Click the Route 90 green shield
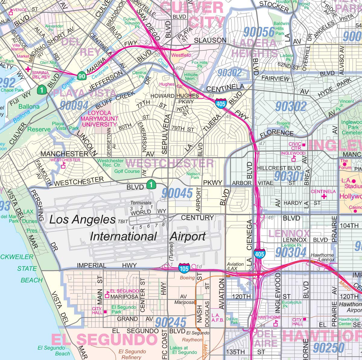pyautogui.click(x=81, y=76)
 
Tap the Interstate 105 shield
pyautogui.click(x=184, y=268)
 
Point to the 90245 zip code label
pyautogui.click(x=171, y=323)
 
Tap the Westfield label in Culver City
pyautogui.click(x=181, y=55)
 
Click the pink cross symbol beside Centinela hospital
pyautogui.click(x=324, y=197)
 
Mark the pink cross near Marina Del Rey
pyautogui.click(x=28, y=69)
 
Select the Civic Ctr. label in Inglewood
pyautogui.click(x=295, y=146)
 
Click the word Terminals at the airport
pyautogui.click(x=141, y=203)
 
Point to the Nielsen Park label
pyautogui.click(x=193, y=176)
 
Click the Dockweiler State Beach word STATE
pyautogui.click(x=27, y=268)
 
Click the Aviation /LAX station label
pyautogui.click(x=235, y=266)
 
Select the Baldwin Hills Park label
pyautogui.click(x=281, y=28)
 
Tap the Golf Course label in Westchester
pyautogui.click(x=127, y=171)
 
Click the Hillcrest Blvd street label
pyautogui.click(x=279, y=168)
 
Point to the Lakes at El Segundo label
pyautogui.click(x=183, y=350)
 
